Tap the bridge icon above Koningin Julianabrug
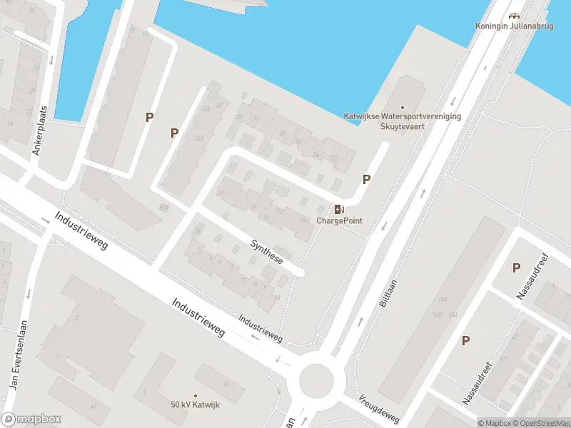[513, 16]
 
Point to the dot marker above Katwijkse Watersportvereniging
[402, 108]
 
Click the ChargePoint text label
[340, 220]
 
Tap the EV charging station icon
[339, 209]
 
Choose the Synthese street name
[267, 252]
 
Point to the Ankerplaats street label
[40, 131]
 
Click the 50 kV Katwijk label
[195, 405]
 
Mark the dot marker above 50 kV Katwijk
[195, 395]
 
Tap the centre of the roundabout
[316, 380]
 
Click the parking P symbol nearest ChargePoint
[367, 180]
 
